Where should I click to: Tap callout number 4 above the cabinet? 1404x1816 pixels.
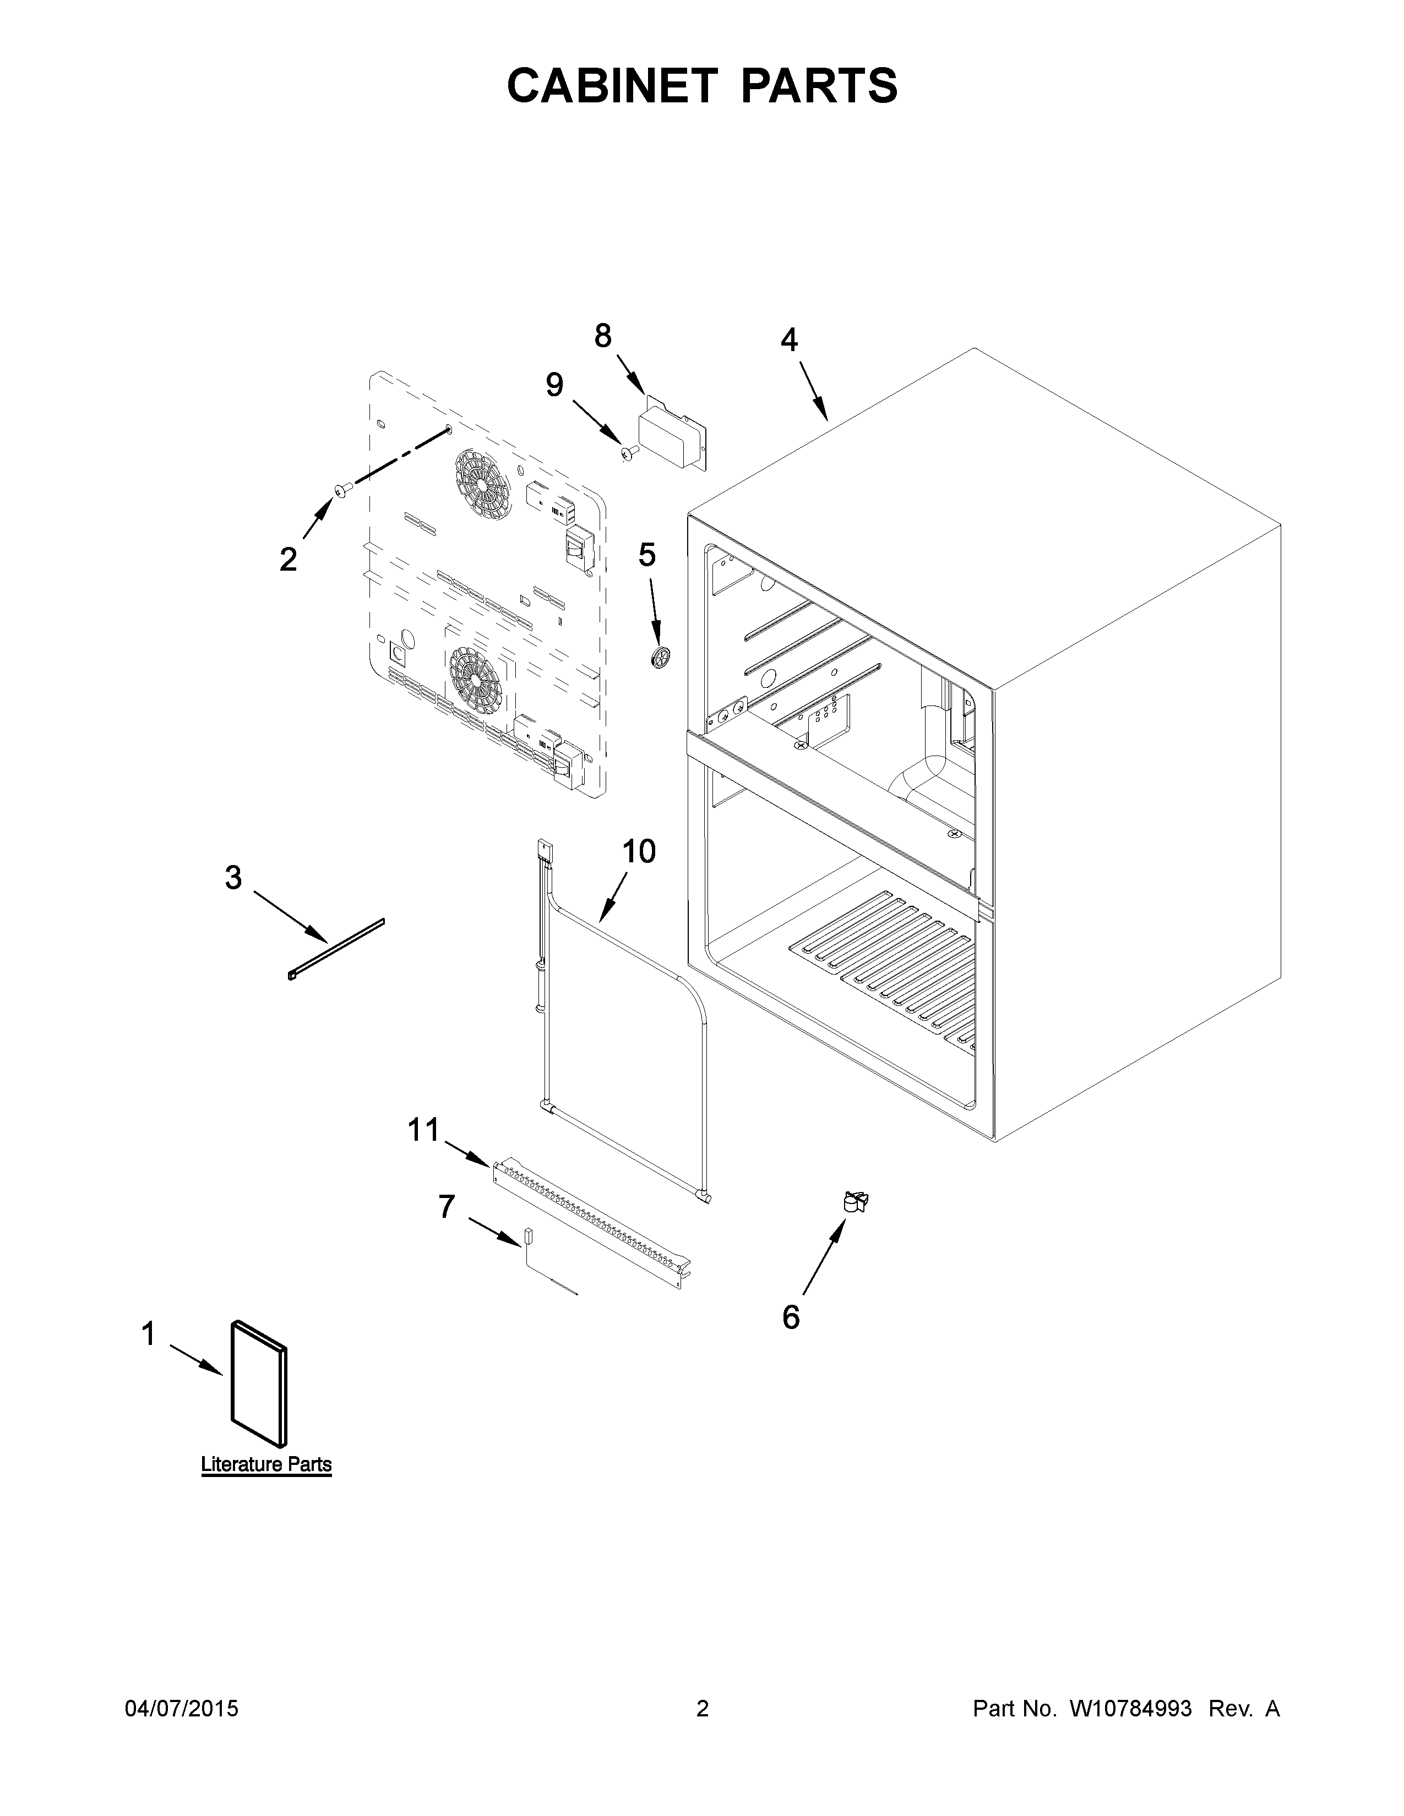pyautogui.click(x=788, y=340)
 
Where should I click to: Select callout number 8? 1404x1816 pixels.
pyautogui.click(x=602, y=336)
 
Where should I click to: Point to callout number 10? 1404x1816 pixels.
pyautogui.click(x=639, y=851)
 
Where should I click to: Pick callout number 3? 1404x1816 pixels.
pyautogui.click(x=233, y=877)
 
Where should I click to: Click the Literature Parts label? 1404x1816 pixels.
pyautogui.click(x=266, y=1464)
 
